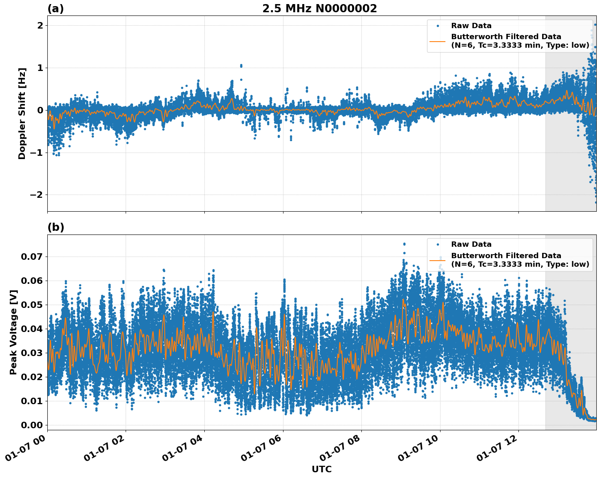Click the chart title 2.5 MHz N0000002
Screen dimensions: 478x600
pos(319,9)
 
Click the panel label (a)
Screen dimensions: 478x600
pos(55,9)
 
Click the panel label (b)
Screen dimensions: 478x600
pos(55,227)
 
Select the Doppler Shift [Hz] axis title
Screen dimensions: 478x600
pos(22,113)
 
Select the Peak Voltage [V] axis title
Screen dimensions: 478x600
pos(13,332)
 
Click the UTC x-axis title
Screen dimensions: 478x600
pos(321,469)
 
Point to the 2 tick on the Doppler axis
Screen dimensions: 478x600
pos(40,25)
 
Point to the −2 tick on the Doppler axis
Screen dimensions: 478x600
pos(37,195)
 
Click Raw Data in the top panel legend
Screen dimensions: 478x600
pos(471,26)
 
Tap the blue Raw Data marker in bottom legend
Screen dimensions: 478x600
pos(438,245)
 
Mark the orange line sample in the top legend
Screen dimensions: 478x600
pos(438,41)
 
